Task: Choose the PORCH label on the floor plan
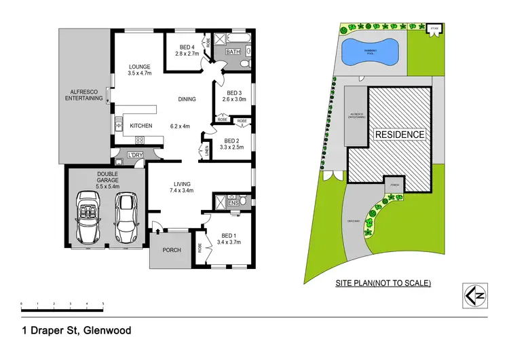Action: click(x=172, y=250)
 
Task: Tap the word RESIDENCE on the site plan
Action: click(x=400, y=134)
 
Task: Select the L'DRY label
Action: click(x=134, y=156)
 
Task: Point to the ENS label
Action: click(x=233, y=202)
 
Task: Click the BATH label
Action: click(x=233, y=52)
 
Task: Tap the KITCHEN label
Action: click(x=141, y=126)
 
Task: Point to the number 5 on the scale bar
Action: click(x=103, y=303)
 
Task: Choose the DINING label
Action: click(x=187, y=99)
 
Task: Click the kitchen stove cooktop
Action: click(x=140, y=140)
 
